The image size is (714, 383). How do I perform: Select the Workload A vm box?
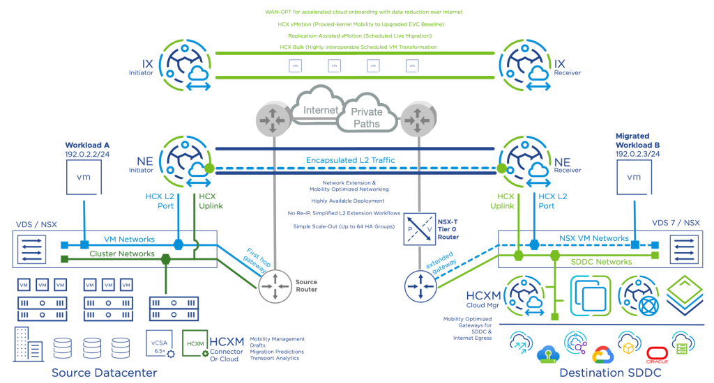pyautogui.click(x=84, y=178)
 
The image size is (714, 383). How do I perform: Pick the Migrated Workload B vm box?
pyautogui.click(x=634, y=178)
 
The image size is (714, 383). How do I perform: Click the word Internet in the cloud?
pyautogui.click(x=321, y=110)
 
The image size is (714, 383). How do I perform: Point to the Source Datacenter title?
pyautogui.click(x=104, y=373)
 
